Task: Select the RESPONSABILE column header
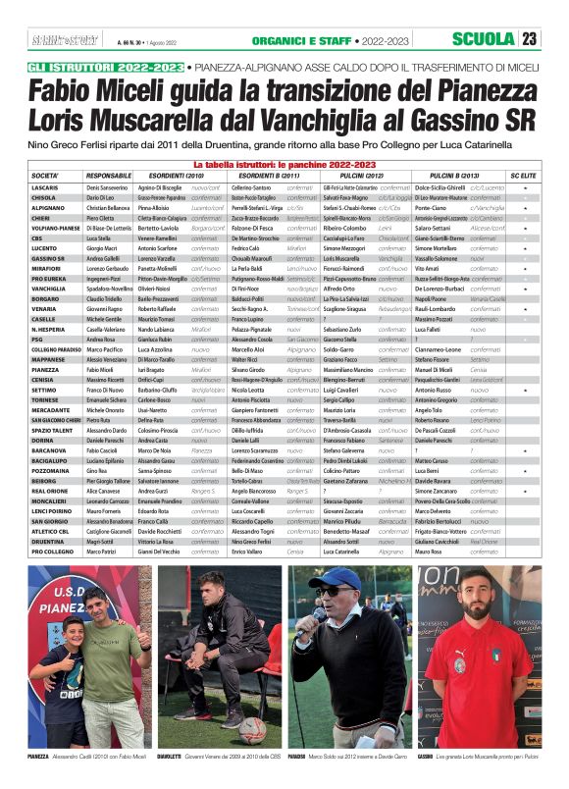pyautogui.click(x=109, y=175)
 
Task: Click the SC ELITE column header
pyautogui.click(x=524, y=175)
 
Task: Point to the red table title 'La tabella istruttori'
pyautogui.click(x=284, y=164)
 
